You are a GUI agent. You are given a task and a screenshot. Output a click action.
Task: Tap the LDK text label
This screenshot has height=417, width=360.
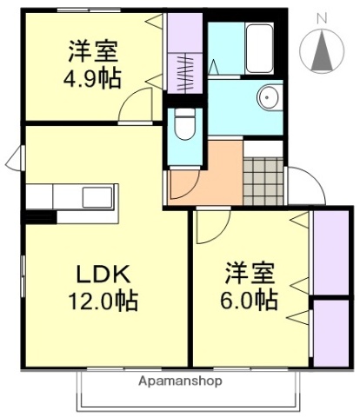(103, 275)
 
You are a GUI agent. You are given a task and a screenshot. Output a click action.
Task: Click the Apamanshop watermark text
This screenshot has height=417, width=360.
(179, 381)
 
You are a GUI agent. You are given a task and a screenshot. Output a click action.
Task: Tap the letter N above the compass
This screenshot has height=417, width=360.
(322, 17)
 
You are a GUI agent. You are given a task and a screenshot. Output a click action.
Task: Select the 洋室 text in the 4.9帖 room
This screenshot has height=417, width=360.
(91, 48)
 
